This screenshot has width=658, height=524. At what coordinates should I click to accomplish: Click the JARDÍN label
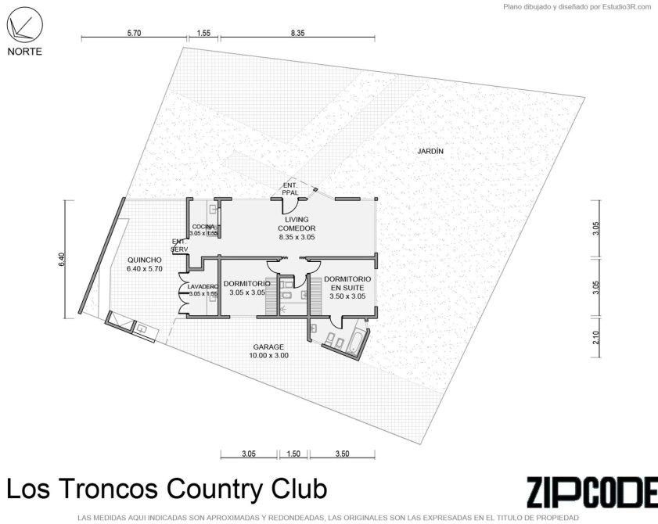pyautogui.click(x=430, y=151)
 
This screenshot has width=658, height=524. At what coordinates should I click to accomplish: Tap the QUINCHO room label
pyautogui.click(x=145, y=260)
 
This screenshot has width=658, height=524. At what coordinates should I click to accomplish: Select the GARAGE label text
pyautogui.click(x=268, y=347)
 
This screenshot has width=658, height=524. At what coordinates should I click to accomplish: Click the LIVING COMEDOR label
pyautogui.click(x=297, y=224)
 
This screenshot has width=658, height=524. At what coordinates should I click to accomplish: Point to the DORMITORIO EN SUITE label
pyautogui.click(x=347, y=283)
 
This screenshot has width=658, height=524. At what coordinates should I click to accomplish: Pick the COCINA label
pyautogui.click(x=203, y=227)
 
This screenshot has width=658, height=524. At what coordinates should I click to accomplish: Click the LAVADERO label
pyautogui.click(x=203, y=287)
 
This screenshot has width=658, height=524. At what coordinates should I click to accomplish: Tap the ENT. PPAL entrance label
pyautogui.click(x=290, y=188)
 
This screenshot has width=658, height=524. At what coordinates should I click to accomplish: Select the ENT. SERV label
pyautogui.click(x=179, y=246)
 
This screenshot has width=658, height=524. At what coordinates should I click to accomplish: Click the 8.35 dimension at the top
pyautogui.click(x=297, y=33)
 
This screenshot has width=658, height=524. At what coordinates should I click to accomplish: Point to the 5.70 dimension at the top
pyautogui.click(x=134, y=33)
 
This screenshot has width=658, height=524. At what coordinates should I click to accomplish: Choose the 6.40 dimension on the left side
pyautogui.click(x=62, y=260)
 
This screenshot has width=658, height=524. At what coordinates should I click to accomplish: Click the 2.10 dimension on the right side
pyautogui.click(x=596, y=337)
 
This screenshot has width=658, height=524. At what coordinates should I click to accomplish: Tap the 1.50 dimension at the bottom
pyautogui.click(x=293, y=454)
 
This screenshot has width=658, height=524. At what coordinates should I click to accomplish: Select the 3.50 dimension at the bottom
pyautogui.click(x=343, y=454)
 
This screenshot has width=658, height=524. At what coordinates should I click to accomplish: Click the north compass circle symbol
pyautogui.click(x=25, y=26)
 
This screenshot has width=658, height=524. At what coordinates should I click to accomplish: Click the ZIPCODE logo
pyautogui.click(x=592, y=492)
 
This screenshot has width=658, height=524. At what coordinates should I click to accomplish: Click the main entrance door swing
pyautogui.click(x=290, y=206)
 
